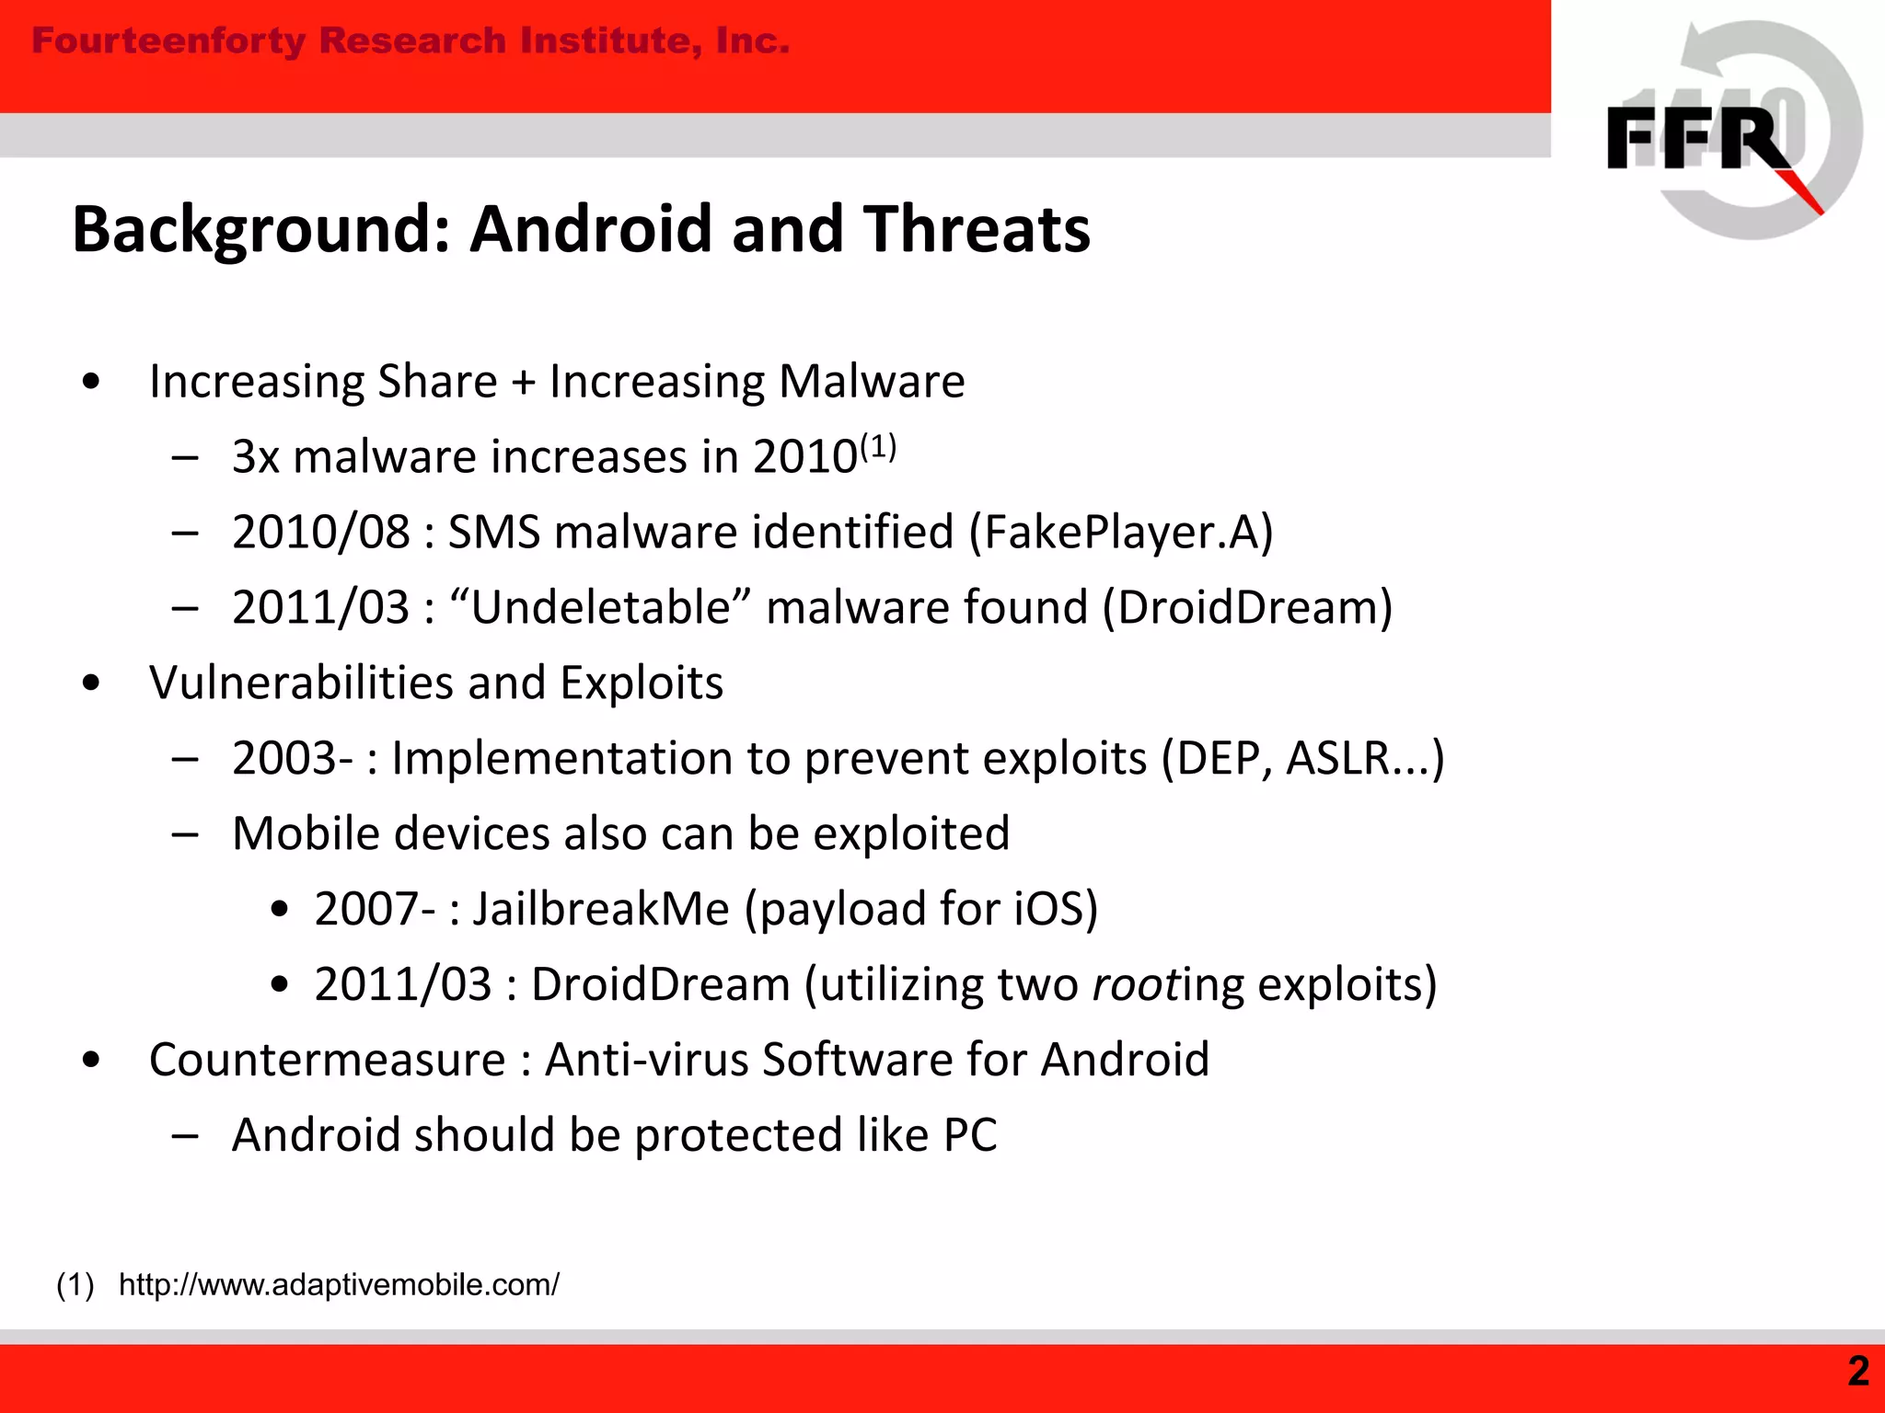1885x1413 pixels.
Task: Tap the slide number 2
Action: click(x=1858, y=1372)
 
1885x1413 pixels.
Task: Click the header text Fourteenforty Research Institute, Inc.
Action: click(x=411, y=41)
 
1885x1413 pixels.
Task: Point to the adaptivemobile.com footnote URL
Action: click(x=339, y=1284)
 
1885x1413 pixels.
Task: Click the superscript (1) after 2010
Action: click(x=878, y=446)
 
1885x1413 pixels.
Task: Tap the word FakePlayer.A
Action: click(x=1120, y=532)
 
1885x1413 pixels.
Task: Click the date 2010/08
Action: click(x=320, y=532)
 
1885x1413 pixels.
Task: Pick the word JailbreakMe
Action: click(x=601, y=909)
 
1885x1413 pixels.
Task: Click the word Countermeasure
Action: click(x=327, y=1060)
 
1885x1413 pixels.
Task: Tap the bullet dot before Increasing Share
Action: click(x=90, y=382)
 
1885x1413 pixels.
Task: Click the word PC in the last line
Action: click(x=970, y=1135)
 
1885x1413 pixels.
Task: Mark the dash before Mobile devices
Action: click(x=185, y=833)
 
